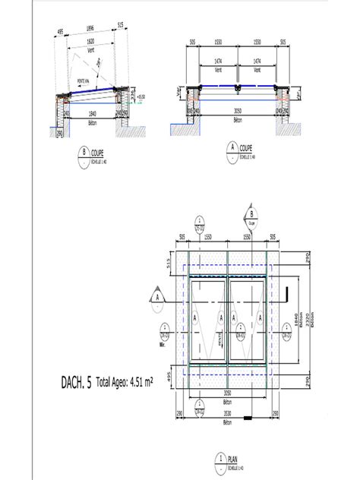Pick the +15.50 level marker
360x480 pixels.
tap(141, 96)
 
